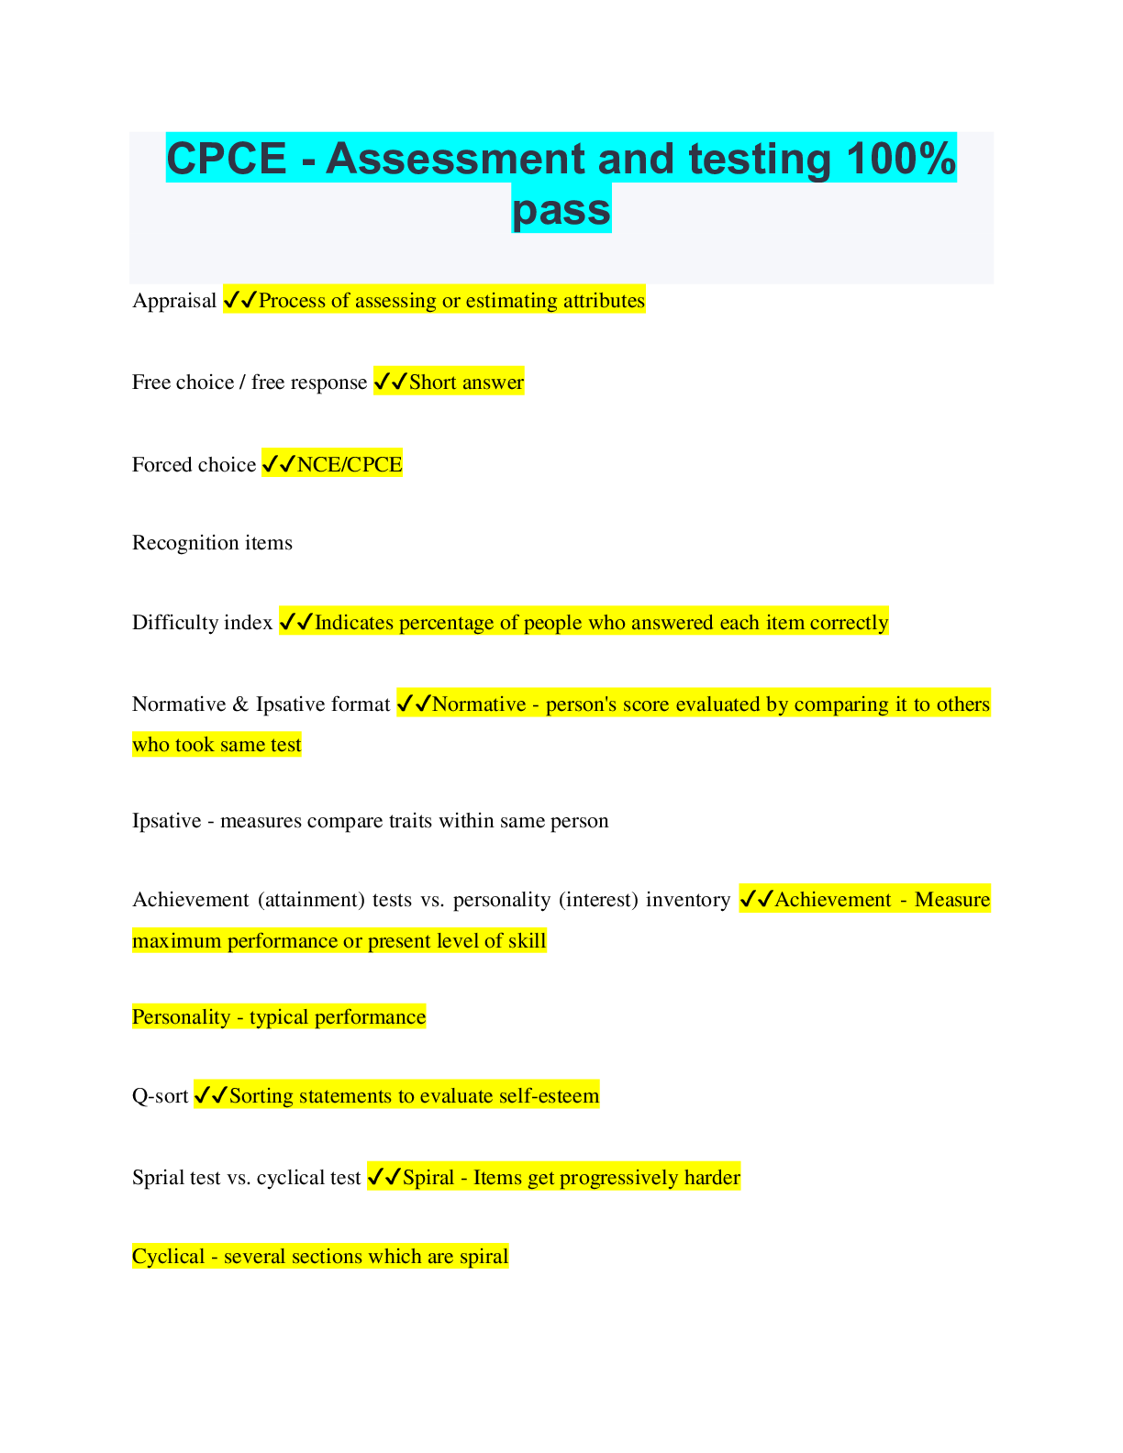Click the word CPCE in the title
pos(227,159)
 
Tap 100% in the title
pos(901,159)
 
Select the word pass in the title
pos(561,209)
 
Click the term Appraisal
pos(174,301)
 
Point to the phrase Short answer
pos(466,383)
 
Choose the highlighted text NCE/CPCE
pos(350,465)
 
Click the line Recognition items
pos(212,543)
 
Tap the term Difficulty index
pos(202,623)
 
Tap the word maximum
pos(176,941)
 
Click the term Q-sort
pos(160,1096)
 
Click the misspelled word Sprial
pos(158,1178)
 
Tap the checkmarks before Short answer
pos(390,383)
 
